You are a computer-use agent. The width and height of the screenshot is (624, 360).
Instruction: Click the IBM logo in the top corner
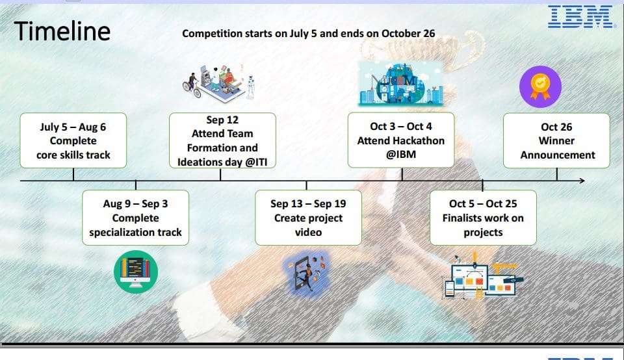tap(580, 17)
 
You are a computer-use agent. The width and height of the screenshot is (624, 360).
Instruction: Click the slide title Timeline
tap(62, 31)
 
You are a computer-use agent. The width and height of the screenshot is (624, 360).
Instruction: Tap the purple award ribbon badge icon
tap(540, 86)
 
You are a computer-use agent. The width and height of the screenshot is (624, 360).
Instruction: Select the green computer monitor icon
tap(136, 272)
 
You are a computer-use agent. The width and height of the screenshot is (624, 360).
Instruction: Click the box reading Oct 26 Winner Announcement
tap(556, 140)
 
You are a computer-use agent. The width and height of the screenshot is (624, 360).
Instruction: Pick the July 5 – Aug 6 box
tap(73, 140)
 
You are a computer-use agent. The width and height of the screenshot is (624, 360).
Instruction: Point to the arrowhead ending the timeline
tap(582, 181)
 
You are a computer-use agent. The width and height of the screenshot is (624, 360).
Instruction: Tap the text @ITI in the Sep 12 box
tap(256, 162)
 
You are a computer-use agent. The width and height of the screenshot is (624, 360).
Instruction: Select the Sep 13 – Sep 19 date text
tap(308, 203)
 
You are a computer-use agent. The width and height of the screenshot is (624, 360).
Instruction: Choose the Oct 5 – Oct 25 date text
tap(483, 203)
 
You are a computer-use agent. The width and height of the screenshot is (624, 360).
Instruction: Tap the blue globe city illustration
tap(401, 84)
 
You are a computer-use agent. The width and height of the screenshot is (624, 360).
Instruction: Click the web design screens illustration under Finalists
tap(482, 276)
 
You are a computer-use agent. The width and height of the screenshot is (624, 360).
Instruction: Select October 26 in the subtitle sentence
tap(408, 33)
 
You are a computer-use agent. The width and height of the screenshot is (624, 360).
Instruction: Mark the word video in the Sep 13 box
tap(308, 232)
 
